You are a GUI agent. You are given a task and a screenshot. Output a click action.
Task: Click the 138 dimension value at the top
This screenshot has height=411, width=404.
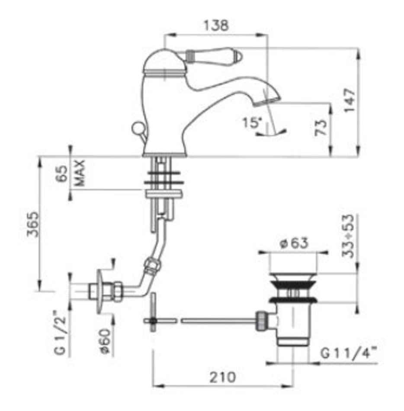click(216, 26)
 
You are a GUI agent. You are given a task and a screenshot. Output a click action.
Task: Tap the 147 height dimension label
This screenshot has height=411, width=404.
click(350, 100)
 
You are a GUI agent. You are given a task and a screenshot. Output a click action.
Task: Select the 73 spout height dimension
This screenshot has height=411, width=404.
click(321, 127)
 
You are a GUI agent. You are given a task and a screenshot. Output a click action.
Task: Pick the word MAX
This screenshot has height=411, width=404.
click(80, 173)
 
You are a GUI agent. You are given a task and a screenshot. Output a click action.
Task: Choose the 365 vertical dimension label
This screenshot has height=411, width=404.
click(33, 224)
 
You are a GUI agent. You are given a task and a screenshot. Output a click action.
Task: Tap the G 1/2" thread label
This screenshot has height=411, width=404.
click(61, 332)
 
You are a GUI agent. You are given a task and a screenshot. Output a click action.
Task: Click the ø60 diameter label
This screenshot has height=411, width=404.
click(106, 341)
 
